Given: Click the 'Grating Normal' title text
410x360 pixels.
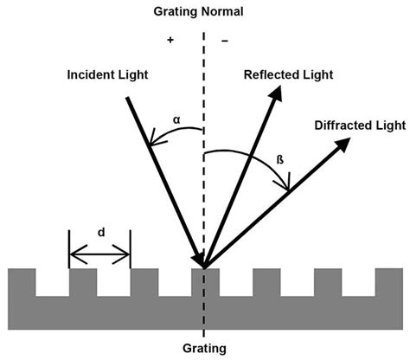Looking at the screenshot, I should tap(204, 11).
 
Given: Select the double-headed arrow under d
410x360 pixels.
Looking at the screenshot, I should tap(99, 254).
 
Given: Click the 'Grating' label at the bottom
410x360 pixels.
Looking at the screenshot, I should tap(204, 349).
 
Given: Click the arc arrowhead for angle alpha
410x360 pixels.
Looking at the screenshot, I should tap(155, 144).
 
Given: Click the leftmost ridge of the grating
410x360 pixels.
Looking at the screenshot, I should tap(22, 281).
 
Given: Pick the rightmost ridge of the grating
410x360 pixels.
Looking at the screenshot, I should tap(389, 281).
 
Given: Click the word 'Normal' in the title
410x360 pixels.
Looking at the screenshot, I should tap(227, 11).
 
